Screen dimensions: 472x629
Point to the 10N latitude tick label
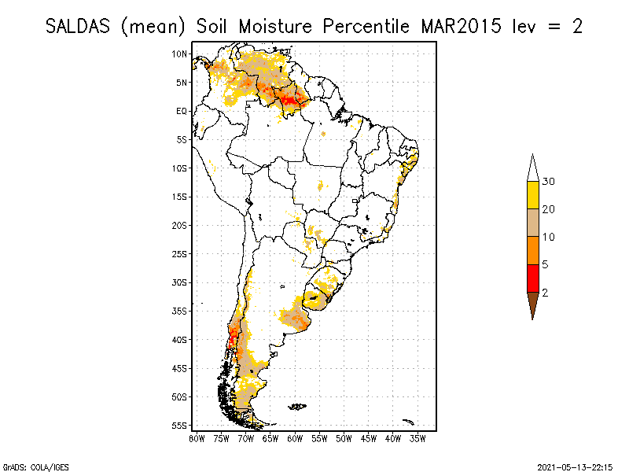180,53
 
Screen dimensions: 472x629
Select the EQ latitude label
182,111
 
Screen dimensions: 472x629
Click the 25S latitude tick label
180,253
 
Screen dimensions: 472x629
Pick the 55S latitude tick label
180,426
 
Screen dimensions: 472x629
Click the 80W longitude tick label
197,437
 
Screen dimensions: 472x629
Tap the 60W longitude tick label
295,437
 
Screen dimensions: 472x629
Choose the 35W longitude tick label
417,437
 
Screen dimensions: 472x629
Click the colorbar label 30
549,182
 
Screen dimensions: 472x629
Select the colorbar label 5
546,264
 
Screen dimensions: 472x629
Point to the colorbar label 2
546,292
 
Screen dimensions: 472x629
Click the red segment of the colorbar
532,278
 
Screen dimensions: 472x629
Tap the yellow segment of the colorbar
532,195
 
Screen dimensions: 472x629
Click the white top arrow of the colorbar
532,169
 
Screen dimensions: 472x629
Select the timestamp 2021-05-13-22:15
575,466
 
